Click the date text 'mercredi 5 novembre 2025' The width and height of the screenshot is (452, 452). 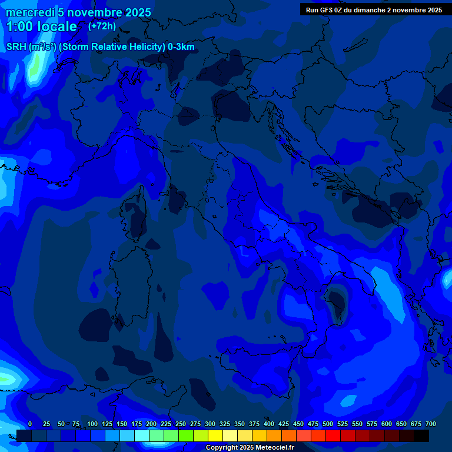tap(78, 12)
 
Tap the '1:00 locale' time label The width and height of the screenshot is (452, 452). tap(41, 26)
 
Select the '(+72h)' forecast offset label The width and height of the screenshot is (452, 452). tap(102, 26)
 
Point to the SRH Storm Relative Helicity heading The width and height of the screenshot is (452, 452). tap(100, 47)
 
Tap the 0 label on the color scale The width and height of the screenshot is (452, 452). tap(30, 424)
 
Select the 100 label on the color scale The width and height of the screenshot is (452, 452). tap(92, 424)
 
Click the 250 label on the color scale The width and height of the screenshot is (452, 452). tap(181, 424)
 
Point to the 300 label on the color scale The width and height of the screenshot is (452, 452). tap(210, 424)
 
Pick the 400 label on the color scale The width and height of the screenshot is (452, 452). tap(269, 424)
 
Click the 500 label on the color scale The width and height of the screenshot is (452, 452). tap(328, 424)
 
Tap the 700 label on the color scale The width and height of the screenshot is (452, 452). tap(431, 424)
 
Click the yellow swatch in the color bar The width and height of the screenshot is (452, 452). tap(215, 436)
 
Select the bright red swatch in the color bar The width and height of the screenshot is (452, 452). tap(333, 436)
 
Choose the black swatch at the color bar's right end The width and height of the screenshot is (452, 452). tap(421, 436)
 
